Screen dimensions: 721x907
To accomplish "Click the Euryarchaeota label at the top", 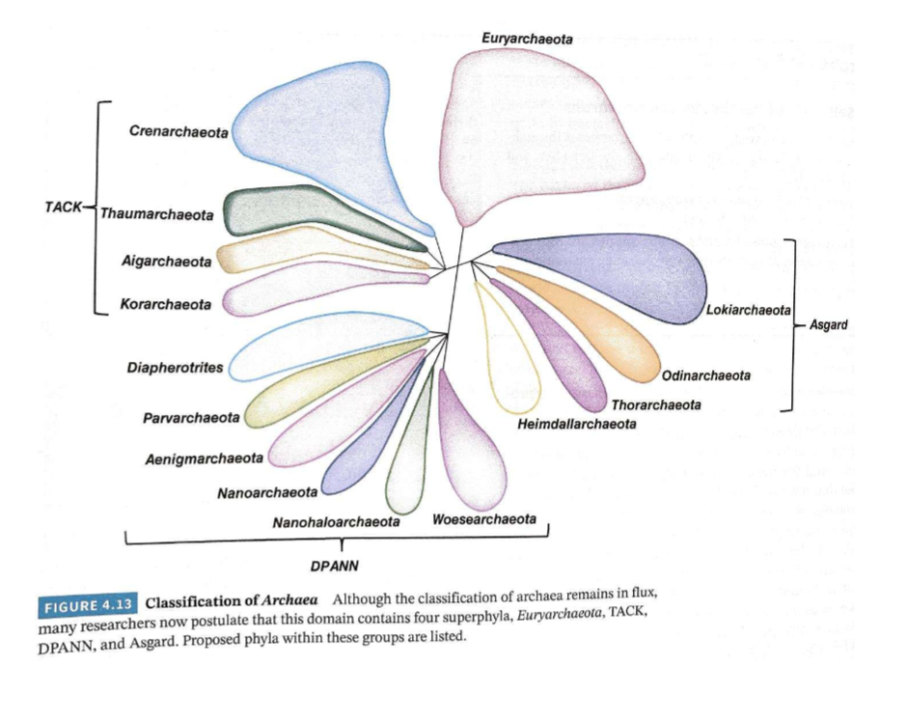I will (527, 40).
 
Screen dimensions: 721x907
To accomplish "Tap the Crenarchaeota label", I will (179, 131).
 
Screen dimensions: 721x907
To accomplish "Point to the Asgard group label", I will (828, 325).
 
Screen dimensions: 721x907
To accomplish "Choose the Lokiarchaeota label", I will (748, 311).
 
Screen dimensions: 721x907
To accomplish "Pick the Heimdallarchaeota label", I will (577, 425).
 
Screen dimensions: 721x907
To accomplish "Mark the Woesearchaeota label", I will (484, 519).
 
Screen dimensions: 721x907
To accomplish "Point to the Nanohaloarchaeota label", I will (336, 522).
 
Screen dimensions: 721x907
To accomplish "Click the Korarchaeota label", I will (165, 305).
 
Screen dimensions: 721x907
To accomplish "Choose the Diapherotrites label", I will (175, 368).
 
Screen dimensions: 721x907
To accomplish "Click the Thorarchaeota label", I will (656, 404).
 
